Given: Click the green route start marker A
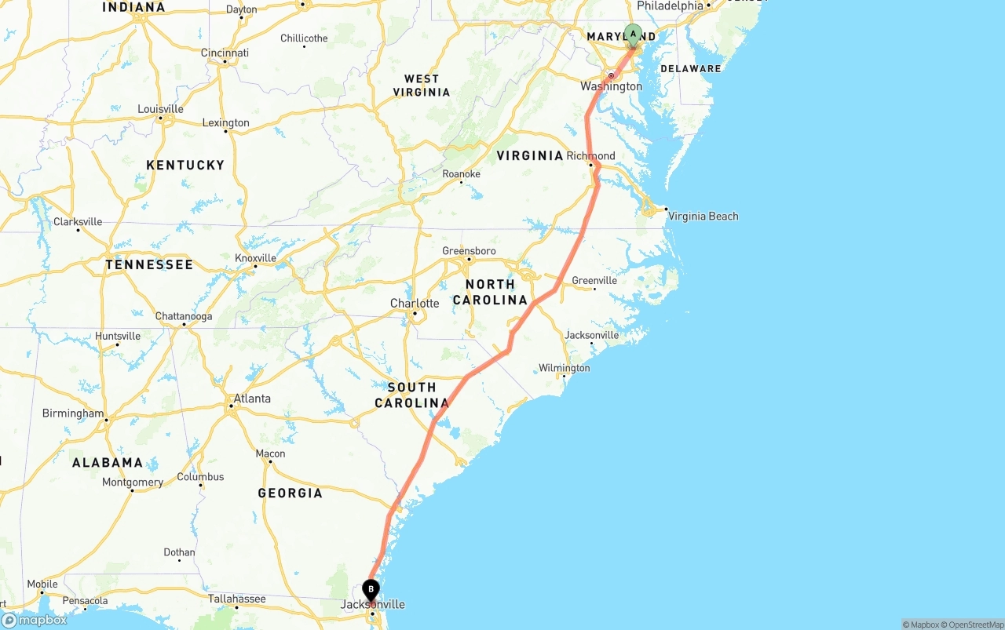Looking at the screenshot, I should click(x=633, y=35).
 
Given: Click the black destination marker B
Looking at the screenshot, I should click(x=371, y=590).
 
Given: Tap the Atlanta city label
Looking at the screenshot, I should click(x=252, y=399).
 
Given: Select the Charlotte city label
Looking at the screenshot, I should click(x=415, y=304).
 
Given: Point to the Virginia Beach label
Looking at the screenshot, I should click(x=703, y=217).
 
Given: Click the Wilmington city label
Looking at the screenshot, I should click(x=564, y=368).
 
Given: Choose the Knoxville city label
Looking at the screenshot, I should click(x=255, y=258).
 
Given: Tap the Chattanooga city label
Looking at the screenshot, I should click(x=184, y=317).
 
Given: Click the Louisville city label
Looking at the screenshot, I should click(x=160, y=109).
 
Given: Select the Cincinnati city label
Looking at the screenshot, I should click(x=225, y=53).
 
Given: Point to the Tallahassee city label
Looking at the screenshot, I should click(x=236, y=599).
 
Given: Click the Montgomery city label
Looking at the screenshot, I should click(x=133, y=483).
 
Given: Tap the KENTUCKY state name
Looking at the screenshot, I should click(x=185, y=166).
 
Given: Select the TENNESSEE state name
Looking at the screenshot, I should click(x=149, y=265).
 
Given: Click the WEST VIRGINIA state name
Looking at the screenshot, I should click(x=422, y=86).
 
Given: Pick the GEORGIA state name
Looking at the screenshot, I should click(x=290, y=493).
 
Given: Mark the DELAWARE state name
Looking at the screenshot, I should click(x=690, y=69).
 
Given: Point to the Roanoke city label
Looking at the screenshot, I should click(x=461, y=174).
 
